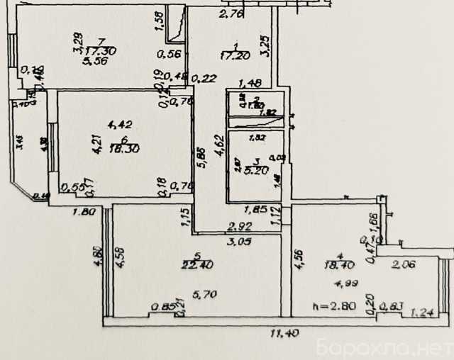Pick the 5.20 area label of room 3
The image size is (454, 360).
[x=254, y=171]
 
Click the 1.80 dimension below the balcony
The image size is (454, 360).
[x=83, y=210]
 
